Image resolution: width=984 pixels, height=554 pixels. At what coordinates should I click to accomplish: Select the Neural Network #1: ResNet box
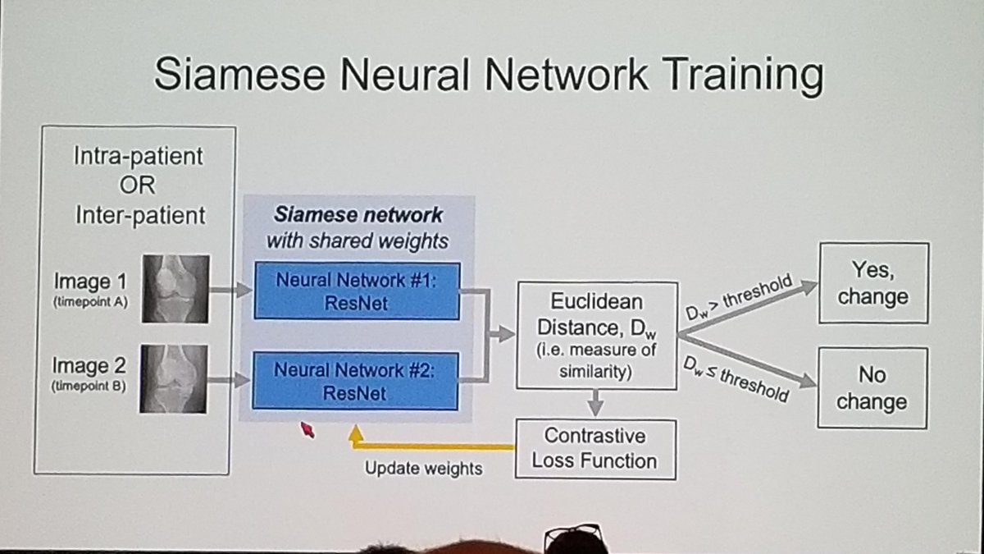[355, 291]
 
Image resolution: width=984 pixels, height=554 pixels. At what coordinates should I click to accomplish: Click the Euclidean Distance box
[597, 335]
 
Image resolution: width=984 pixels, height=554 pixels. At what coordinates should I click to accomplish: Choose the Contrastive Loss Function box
[596, 449]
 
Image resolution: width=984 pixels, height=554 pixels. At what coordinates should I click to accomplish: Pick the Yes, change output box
[872, 282]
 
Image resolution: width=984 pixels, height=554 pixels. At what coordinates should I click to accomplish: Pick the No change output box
[872, 387]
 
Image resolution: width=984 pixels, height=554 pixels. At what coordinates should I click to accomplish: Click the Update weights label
[423, 469]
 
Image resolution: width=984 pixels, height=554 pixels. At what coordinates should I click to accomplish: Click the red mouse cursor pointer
[307, 428]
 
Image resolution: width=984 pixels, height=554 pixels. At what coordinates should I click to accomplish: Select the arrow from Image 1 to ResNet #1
[231, 289]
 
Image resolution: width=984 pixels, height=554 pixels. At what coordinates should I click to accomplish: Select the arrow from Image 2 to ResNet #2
[231, 380]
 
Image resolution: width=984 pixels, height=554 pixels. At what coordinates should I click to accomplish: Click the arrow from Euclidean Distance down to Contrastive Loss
[596, 402]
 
